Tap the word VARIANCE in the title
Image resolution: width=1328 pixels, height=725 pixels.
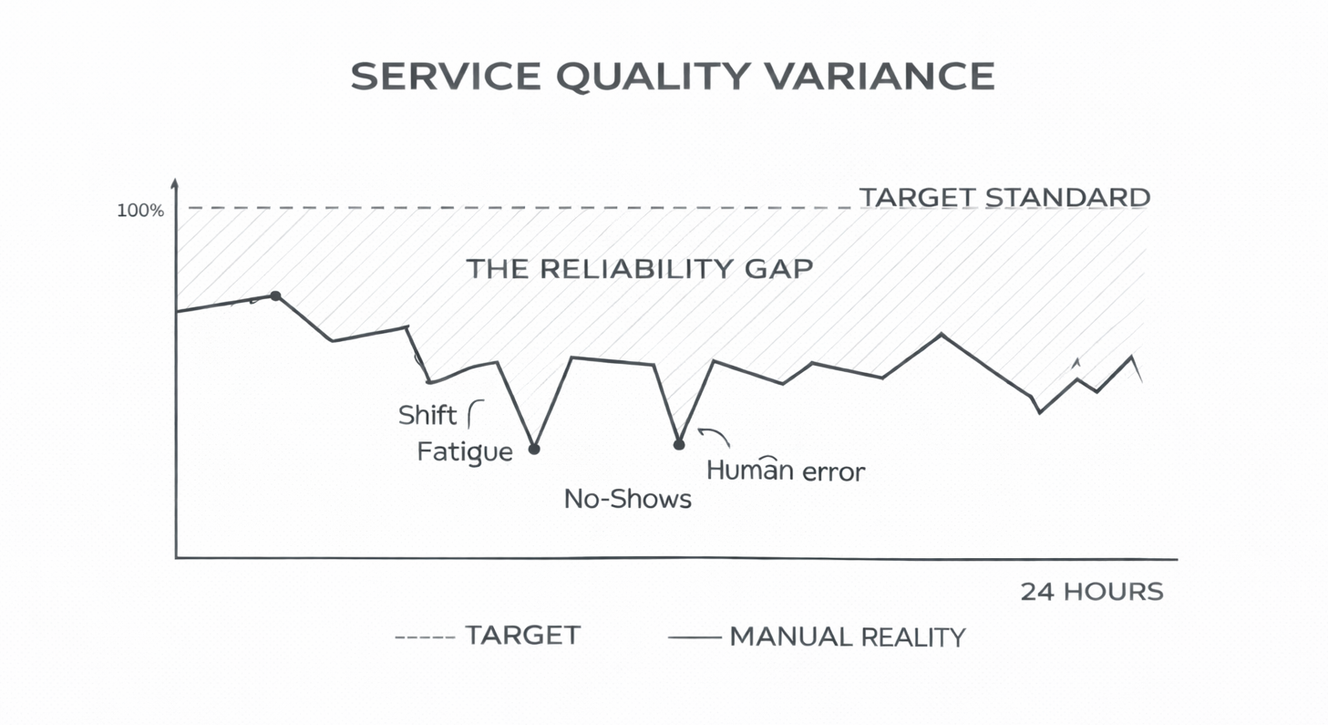(x=879, y=77)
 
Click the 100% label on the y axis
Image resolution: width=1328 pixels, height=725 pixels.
(x=140, y=211)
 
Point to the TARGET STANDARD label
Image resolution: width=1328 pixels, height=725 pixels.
(x=1004, y=197)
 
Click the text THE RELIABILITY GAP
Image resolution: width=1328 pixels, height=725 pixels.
(x=639, y=269)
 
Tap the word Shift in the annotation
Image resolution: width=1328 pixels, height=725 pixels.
(x=427, y=416)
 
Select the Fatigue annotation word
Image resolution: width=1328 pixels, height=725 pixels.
(x=464, y=451)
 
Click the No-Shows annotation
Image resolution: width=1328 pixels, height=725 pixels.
(x=627, y=499)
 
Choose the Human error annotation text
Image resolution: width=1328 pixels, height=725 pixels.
(x=786, y=471)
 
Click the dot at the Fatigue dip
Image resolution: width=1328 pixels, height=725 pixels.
(x=534, y=449)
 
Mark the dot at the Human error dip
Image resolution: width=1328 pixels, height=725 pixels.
(x=678, y=444)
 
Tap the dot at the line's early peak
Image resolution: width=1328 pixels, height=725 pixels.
(x=275, y=295)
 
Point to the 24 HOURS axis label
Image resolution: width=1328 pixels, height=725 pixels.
(x=1091, y=591)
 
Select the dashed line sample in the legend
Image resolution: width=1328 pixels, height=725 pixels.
(x=424, y=636)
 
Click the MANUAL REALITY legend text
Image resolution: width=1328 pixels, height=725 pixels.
(x=847, y=637)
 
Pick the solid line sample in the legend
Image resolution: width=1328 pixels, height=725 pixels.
(x=695, y=637)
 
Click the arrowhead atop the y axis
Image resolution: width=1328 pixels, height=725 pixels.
(x=175, y=183)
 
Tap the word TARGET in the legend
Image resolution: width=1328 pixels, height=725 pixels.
(x=522, y=636)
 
